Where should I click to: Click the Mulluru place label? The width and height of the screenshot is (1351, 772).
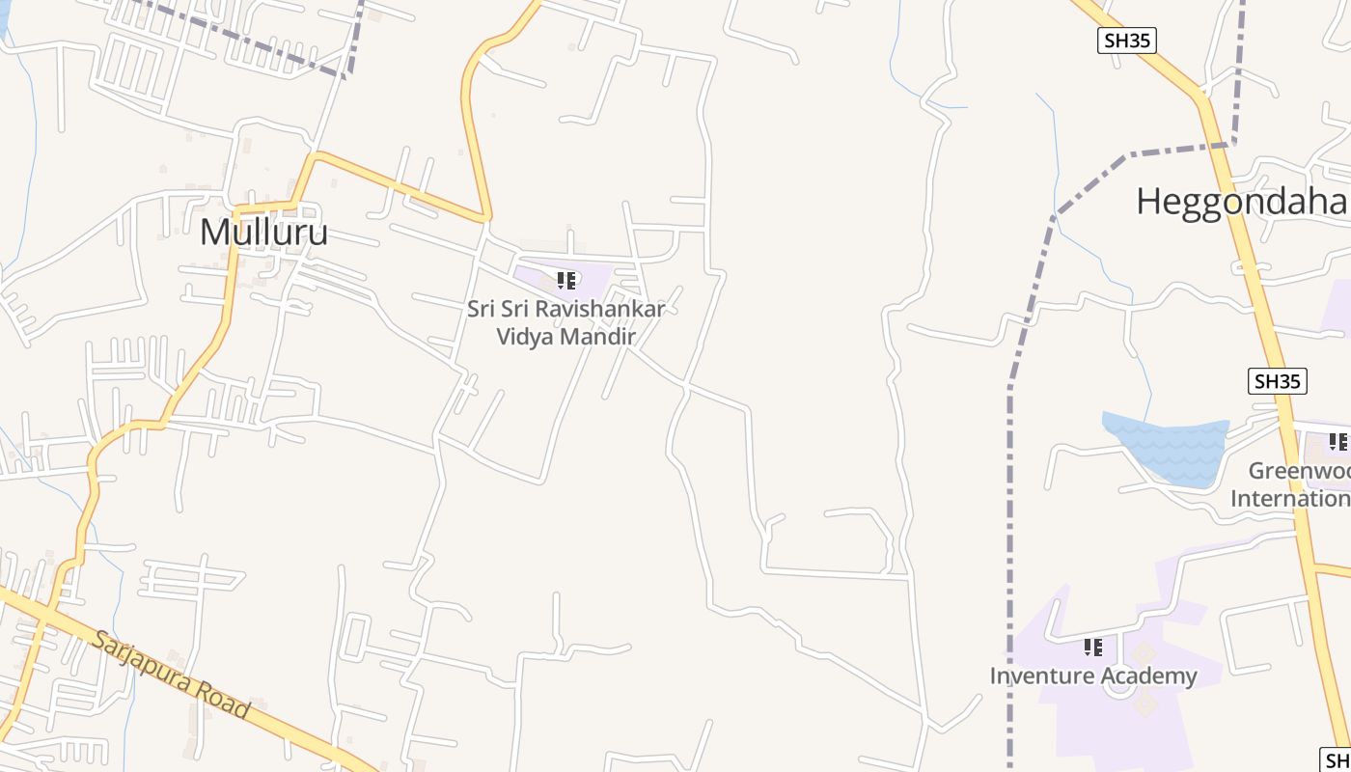pyautogui.click(x=263, y=233)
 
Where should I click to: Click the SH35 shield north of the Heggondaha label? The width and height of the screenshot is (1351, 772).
pyautogui.click(x=1127, y=41)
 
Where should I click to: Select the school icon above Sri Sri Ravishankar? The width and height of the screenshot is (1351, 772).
pyautogui.click(x=566, y=281)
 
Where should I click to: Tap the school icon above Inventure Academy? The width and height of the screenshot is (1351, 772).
pyautogui.click(x=1092, y=647)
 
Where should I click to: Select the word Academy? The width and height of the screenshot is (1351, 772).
pyautogui.click(x=1148, y=676)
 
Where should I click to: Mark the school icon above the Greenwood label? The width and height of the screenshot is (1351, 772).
pyautogui.click(x=1337, y=442)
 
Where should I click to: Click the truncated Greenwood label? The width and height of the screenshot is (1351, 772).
pyautogui.click(x=1299, y=471)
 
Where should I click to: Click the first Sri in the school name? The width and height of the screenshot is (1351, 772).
pyautogui.click(x=482, y=310)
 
